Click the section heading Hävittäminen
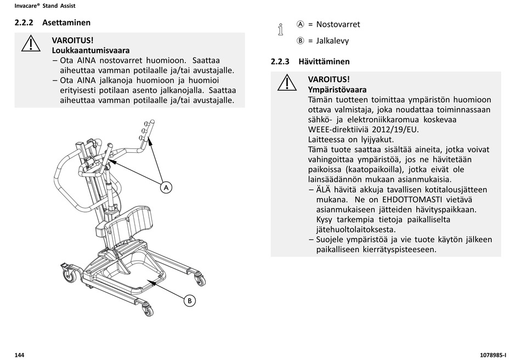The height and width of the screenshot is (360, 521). (324, 61)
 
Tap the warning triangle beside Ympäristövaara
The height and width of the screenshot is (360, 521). (287, 83)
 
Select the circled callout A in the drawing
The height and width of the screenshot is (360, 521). (166, 187)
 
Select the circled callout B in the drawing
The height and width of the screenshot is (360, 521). (189, 300)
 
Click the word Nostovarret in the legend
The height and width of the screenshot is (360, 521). (338, 25)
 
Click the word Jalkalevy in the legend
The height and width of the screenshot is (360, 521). (332, 41)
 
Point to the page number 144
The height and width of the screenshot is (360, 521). (20, 355)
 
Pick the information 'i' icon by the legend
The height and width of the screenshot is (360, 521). (280, 30)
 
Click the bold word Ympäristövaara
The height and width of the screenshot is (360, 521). (337, 89)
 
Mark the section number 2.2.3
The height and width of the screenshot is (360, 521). (280, 61)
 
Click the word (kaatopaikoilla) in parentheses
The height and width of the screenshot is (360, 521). (372, 169)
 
